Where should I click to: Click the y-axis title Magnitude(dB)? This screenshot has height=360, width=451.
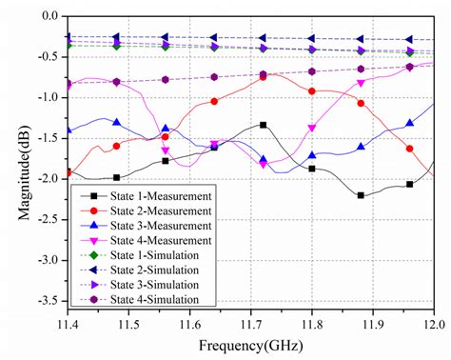click(x=21, y=163)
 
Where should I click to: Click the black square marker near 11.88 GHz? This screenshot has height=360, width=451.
click(x=361, y=195)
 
